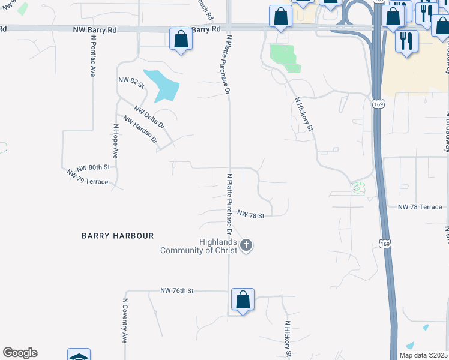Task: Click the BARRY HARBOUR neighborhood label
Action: pos(118,236)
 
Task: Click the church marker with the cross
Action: pos(246,245)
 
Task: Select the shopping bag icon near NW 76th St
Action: pos(243,299)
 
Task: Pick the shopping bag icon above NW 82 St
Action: pos(180,40)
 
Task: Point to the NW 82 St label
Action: pos(131,83)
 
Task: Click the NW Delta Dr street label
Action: pos(149,118)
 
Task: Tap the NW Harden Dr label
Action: pos(140,129)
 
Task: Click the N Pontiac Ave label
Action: pos(93,55)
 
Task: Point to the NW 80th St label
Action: pos(93,167)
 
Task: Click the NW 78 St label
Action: pos(251,214)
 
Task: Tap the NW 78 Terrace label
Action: pos(420,207)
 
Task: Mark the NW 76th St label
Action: pos(177,290)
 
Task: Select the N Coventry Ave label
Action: pos(125,321)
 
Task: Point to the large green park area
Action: pos(283,58)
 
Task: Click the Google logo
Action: pos(20,353)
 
